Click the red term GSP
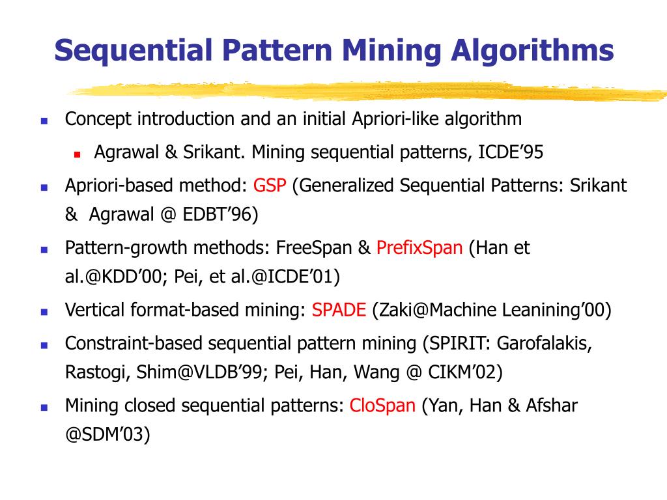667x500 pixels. [x=270, y=186]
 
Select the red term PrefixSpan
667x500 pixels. [x=419, y=248]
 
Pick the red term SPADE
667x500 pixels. [x=339, y=310]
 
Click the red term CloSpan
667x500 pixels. [x=382, y=406]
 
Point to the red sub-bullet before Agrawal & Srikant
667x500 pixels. [x=76, y=155]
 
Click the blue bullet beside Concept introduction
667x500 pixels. [x=44, y=121]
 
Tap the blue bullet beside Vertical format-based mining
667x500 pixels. [x=44, y=312]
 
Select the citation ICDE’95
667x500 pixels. [x=511, y=152]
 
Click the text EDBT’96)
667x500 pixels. [x=222, y=215]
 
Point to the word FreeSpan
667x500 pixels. [x=315, y=248]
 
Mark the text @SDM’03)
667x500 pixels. [x=107, y=434]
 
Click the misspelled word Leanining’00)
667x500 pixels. [x=557, y=310]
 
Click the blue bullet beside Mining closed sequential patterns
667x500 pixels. [x=44, y=408]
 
